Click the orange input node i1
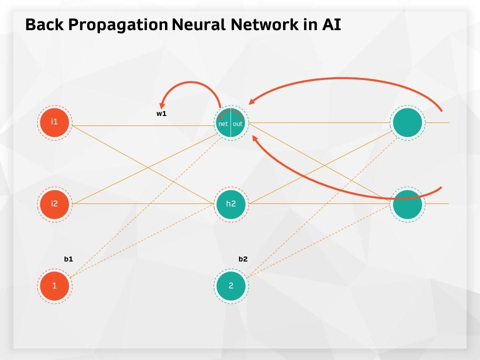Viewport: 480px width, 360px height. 54,122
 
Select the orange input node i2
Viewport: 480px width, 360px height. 54,204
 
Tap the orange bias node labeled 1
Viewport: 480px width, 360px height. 54,286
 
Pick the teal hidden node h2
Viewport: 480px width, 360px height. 231,204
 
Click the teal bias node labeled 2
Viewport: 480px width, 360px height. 231,286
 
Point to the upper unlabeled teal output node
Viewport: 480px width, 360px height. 407,122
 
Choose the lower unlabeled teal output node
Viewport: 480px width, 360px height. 407,204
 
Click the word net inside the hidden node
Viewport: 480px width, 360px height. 223,124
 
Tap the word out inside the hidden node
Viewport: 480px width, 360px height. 237,124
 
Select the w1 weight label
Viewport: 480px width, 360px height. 161,113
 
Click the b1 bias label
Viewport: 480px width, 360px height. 68,259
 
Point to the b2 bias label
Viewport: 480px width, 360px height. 243,259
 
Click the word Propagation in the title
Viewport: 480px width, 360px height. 118,25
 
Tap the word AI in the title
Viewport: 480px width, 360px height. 331,24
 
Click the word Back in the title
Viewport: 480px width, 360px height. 44,24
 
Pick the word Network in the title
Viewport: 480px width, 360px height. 264,24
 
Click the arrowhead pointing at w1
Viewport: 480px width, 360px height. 162,104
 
